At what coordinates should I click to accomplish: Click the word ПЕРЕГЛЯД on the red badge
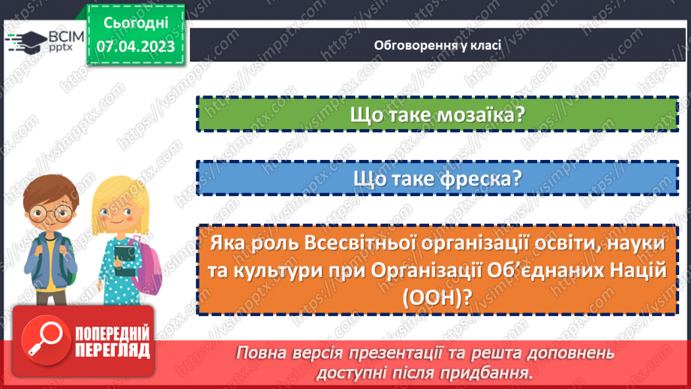(x=110, y=350)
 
